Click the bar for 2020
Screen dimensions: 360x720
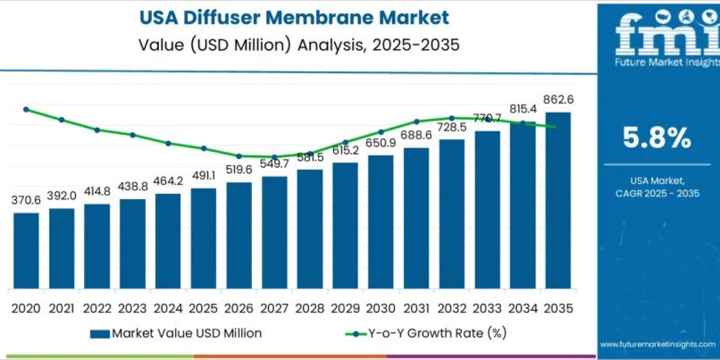pyautogui.click(x=26, y=250)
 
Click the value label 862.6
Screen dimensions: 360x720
pyautogui.click(x=558, y=100)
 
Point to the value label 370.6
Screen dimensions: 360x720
pyautogui.click(x=26, y=200)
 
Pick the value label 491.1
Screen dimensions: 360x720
pyautogui.click(x=203, y=176)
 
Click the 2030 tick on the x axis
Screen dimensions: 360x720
pyautogui.click(x=380, y=308)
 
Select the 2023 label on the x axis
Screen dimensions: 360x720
pyautogui.click(x=133, y=308)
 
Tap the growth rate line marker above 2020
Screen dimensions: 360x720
pyautogui.click(x=26, y=109)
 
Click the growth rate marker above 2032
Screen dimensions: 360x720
pyautogui.click(x=451, y=118)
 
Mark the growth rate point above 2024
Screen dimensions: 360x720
pyautogui.click(x=168, y=143)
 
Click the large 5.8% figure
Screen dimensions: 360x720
pyautogui.click(x=656, y=139)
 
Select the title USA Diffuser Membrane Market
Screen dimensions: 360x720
pyautogui.click(x=294, y=17)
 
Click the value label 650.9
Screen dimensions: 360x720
pyautogui.click(x=380, y=143)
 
